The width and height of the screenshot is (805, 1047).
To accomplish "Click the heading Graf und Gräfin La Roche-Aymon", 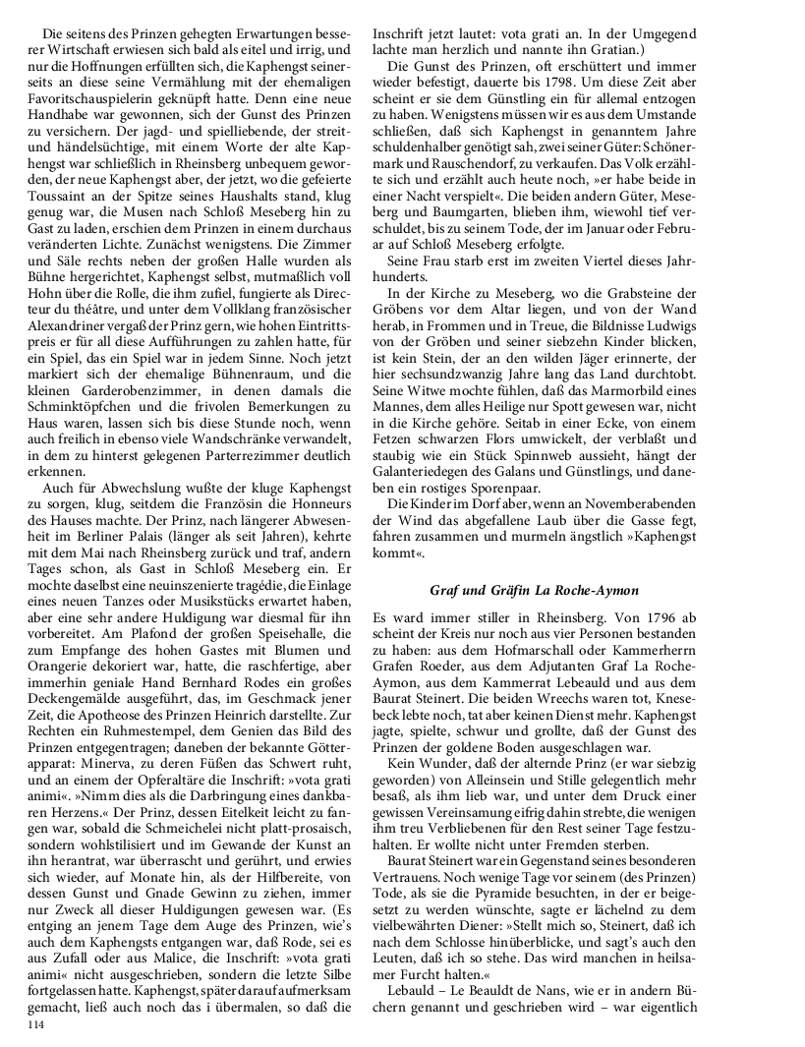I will [535, 590].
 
